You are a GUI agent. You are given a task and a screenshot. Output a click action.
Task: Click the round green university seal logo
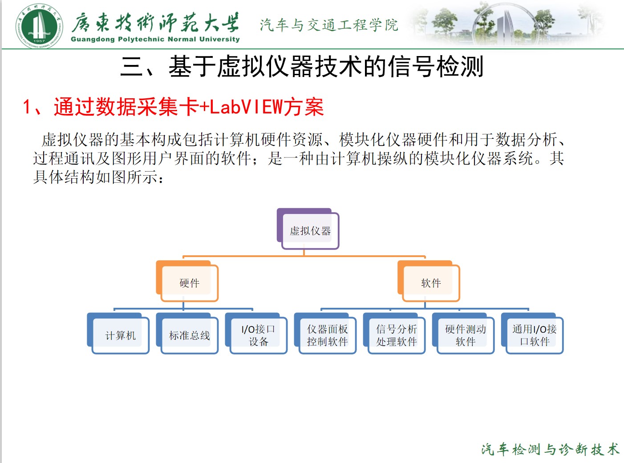pyautogui.click(x=39, y=25)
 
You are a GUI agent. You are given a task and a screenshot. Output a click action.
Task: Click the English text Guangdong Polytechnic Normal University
pyautogui.click(x=155, y=39)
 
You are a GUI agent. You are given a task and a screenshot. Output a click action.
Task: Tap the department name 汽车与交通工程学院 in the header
pyautogui.click(x=328, y=25)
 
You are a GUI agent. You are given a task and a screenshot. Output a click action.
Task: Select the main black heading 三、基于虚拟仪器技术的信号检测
pyautogui.click(x=302, y=67)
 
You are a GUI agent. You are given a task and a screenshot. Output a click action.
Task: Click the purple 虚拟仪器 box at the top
pyautogui.click(x=310, y=230)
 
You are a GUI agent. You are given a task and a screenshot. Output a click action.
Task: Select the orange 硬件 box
pyautogui.click(x=189, y=283)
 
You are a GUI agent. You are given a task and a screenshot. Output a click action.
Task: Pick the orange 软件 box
pyautogui.click(x=430, y=283)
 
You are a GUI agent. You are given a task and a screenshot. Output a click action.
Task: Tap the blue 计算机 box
pyautogui.click(x=120, y=335)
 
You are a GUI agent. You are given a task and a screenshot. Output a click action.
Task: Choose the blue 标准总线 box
pyautogui.click(x=189, y=335)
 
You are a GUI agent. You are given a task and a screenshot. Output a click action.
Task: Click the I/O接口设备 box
pyautogui.click(x=258, y=335)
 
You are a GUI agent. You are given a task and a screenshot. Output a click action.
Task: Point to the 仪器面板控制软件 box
pyautogui.click(x=327, y=335)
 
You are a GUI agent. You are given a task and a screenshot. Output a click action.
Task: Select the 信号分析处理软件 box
pyautogui.click(x=396, y=335)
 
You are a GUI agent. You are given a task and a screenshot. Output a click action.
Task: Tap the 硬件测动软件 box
pyautogui.click(x=465, y=335)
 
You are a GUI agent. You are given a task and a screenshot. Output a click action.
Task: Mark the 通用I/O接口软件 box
pyautogui.click(x=534, y=335)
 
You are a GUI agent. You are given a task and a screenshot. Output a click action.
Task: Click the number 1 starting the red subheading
pyautogui.click(x=27, y=107)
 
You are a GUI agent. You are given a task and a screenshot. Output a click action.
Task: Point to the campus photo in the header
pyautogui.click(x=507, y=23)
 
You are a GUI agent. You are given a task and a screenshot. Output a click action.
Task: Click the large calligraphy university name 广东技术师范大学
pyautogui.click(x=155, y=21)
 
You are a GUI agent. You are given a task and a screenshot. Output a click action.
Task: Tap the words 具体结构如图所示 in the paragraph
pyautogui.click(x=93, y=177)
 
